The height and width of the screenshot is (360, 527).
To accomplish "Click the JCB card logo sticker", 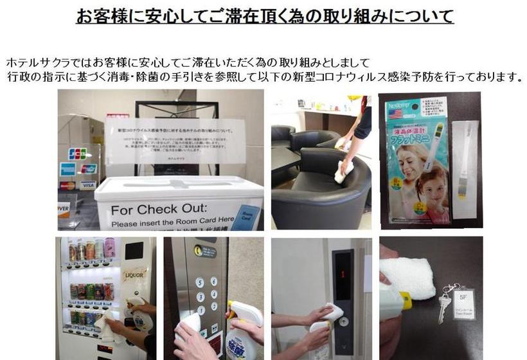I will point(78,154).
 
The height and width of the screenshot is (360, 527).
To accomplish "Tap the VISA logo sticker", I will point(88,185).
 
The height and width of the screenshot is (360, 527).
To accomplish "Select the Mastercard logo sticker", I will point(67,185).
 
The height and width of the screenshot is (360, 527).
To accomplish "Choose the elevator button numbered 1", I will point(201,310).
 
